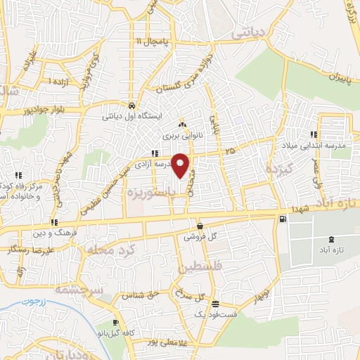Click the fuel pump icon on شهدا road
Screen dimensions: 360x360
click(x=283, y=219)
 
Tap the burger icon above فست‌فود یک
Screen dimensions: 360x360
click(x=214, y=304)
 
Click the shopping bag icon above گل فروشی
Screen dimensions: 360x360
click(x=200, y=226)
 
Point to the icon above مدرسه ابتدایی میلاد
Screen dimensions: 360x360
click(x=312, y=134)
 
